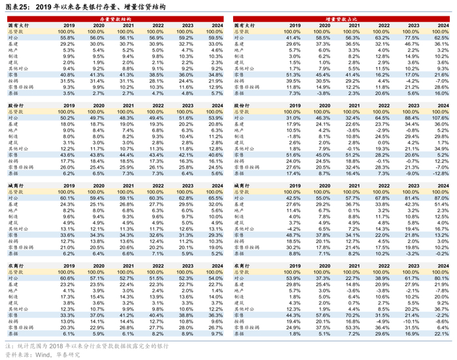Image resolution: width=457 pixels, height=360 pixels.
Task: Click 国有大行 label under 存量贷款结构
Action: [18, 25]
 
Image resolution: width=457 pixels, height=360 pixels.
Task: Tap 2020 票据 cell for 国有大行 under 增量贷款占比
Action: [323, 93]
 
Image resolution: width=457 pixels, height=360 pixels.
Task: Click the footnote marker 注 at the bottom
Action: [7, 346]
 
